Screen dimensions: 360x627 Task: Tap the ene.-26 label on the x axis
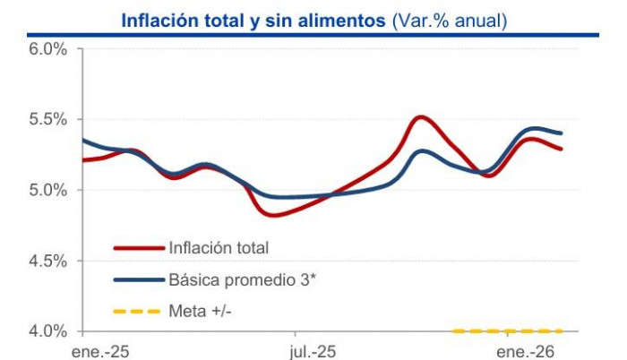click(526, 351)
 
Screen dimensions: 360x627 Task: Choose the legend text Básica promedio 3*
click(242, 279)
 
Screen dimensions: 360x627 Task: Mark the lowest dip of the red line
click(272, 215)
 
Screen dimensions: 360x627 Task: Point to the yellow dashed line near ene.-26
click(509, 331)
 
